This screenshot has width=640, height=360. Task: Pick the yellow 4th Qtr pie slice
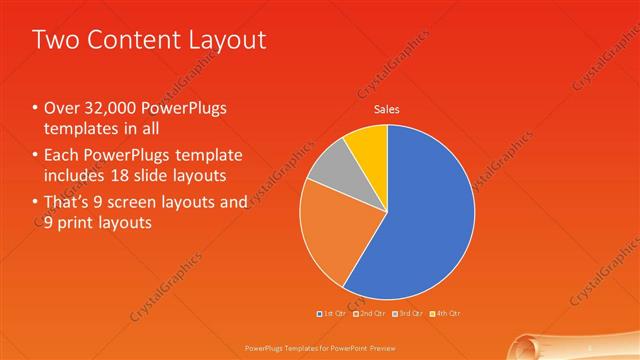click(x=367, y=146)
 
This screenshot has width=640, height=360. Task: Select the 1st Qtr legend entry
click(x=332, y=314)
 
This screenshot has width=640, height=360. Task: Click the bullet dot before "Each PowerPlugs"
click(x=35, y=156)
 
